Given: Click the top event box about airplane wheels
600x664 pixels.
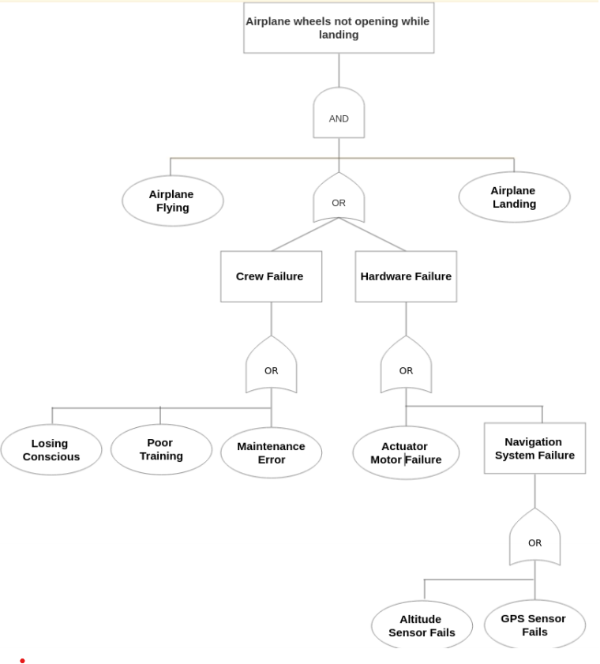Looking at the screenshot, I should [x=339, y=28].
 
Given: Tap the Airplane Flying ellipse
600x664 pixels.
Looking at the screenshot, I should [x=172, y=201].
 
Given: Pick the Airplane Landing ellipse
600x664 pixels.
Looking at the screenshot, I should [x=514, y=197].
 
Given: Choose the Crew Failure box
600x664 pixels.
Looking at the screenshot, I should [x=271, y=276].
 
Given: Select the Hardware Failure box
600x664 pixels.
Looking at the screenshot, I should [x=406, y=276].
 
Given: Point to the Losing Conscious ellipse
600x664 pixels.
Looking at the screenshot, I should [x=51, y=450].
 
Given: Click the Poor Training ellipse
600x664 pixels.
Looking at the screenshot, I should [x=161, y=449].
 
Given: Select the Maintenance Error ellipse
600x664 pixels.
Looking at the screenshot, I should [x=271, y=452].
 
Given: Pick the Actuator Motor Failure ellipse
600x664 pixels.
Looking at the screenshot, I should [x=406, y=452].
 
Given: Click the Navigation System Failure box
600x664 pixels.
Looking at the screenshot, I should [x=534, y=448].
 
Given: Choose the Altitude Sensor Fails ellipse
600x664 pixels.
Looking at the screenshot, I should [x=422, y=625].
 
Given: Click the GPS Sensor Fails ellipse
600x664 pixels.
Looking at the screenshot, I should [x=534, y=625].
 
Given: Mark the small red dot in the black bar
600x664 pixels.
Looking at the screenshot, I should [x=23, y=660].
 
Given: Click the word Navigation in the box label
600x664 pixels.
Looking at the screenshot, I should [x=533, y=442].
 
